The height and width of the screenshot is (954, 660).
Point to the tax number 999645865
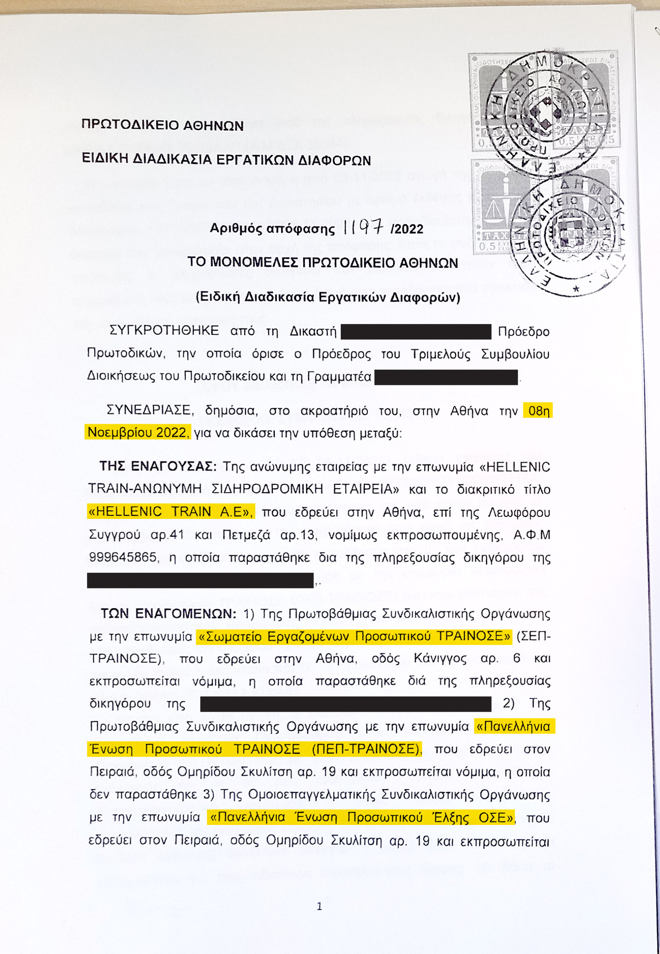123,557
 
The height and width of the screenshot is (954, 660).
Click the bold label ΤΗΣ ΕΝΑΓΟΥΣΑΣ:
158,466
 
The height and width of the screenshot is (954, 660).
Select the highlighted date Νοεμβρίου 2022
137,432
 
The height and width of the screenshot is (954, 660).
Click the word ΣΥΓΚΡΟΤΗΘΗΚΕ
164,331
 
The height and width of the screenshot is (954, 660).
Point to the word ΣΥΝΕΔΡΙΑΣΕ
149,410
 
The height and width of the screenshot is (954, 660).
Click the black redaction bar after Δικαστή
415,332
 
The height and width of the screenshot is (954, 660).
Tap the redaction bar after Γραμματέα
446,377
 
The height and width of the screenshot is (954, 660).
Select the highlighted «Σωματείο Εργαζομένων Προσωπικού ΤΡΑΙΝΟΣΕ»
354,636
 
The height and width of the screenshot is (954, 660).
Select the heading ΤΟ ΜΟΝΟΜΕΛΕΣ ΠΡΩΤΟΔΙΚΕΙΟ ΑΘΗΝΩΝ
323,263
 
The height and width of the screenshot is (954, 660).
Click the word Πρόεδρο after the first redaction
523,332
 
